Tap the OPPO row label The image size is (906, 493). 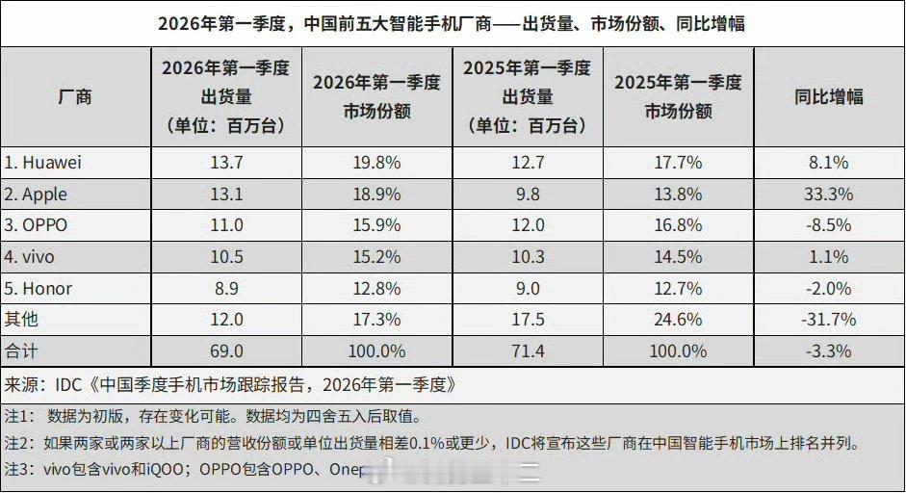tap(38, 225)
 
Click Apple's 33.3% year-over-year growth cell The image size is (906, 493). tap(828, 194)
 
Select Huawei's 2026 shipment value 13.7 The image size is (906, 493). tap(225, 163)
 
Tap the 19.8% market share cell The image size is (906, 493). tap(376, 163)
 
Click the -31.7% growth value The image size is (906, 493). tap(828, 320)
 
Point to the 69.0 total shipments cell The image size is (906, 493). tap(225, 351)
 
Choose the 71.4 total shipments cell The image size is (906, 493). tap(527, 351)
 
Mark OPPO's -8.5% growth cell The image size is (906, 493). tap(828, 225)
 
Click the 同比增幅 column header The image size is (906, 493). tap(828, 96)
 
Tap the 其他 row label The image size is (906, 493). tap(22, 320)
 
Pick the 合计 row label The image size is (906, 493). tap(22, 351)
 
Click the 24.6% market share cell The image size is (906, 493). tap(678, 320)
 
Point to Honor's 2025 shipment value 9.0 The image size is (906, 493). tap(527, 288)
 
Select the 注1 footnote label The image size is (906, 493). tap(19, 417)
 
